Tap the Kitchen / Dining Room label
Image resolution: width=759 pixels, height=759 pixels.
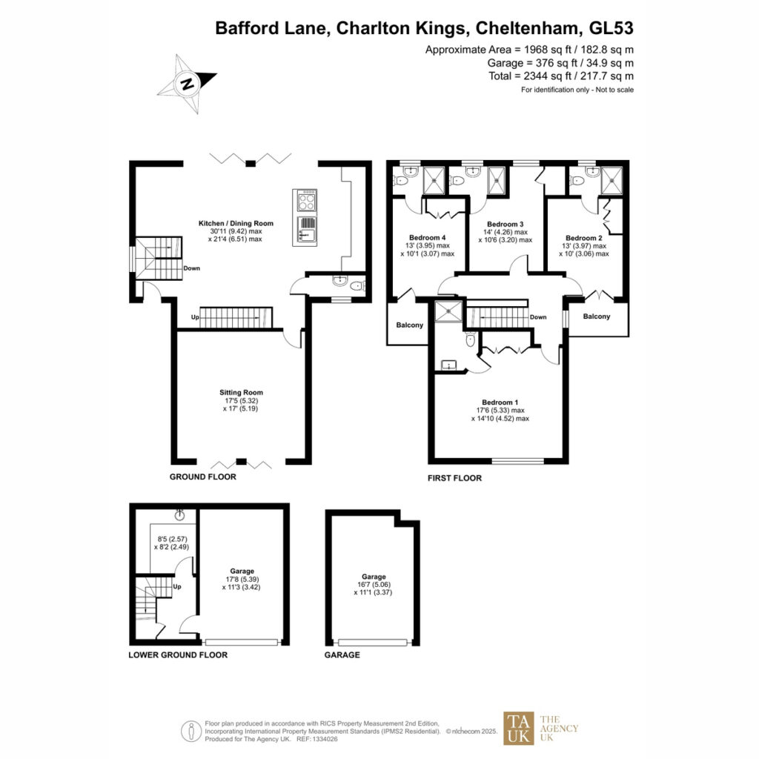[236, 223]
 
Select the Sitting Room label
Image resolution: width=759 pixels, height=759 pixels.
[241, 392]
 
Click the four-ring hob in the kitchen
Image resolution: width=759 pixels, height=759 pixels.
[305, 200]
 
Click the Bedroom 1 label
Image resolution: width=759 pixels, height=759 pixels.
[500, 402]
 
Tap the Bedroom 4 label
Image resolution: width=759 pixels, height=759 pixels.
[428, 237]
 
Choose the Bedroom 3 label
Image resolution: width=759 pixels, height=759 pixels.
[506, 224]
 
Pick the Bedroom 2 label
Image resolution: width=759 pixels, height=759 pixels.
[584, 238]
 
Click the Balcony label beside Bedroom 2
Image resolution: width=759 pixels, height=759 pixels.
[597, 316]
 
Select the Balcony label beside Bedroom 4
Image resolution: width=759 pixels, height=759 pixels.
[409, 325]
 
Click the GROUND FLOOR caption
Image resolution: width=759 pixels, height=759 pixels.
[203, 477]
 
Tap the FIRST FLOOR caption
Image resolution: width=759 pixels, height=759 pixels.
[454, 478]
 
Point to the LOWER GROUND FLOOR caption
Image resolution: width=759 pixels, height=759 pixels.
[178, 655]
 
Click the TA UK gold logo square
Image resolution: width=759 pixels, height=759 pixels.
[518, 728]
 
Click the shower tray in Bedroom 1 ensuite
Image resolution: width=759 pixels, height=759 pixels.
[448, 311]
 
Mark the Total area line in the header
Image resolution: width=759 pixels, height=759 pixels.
[561, 76]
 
